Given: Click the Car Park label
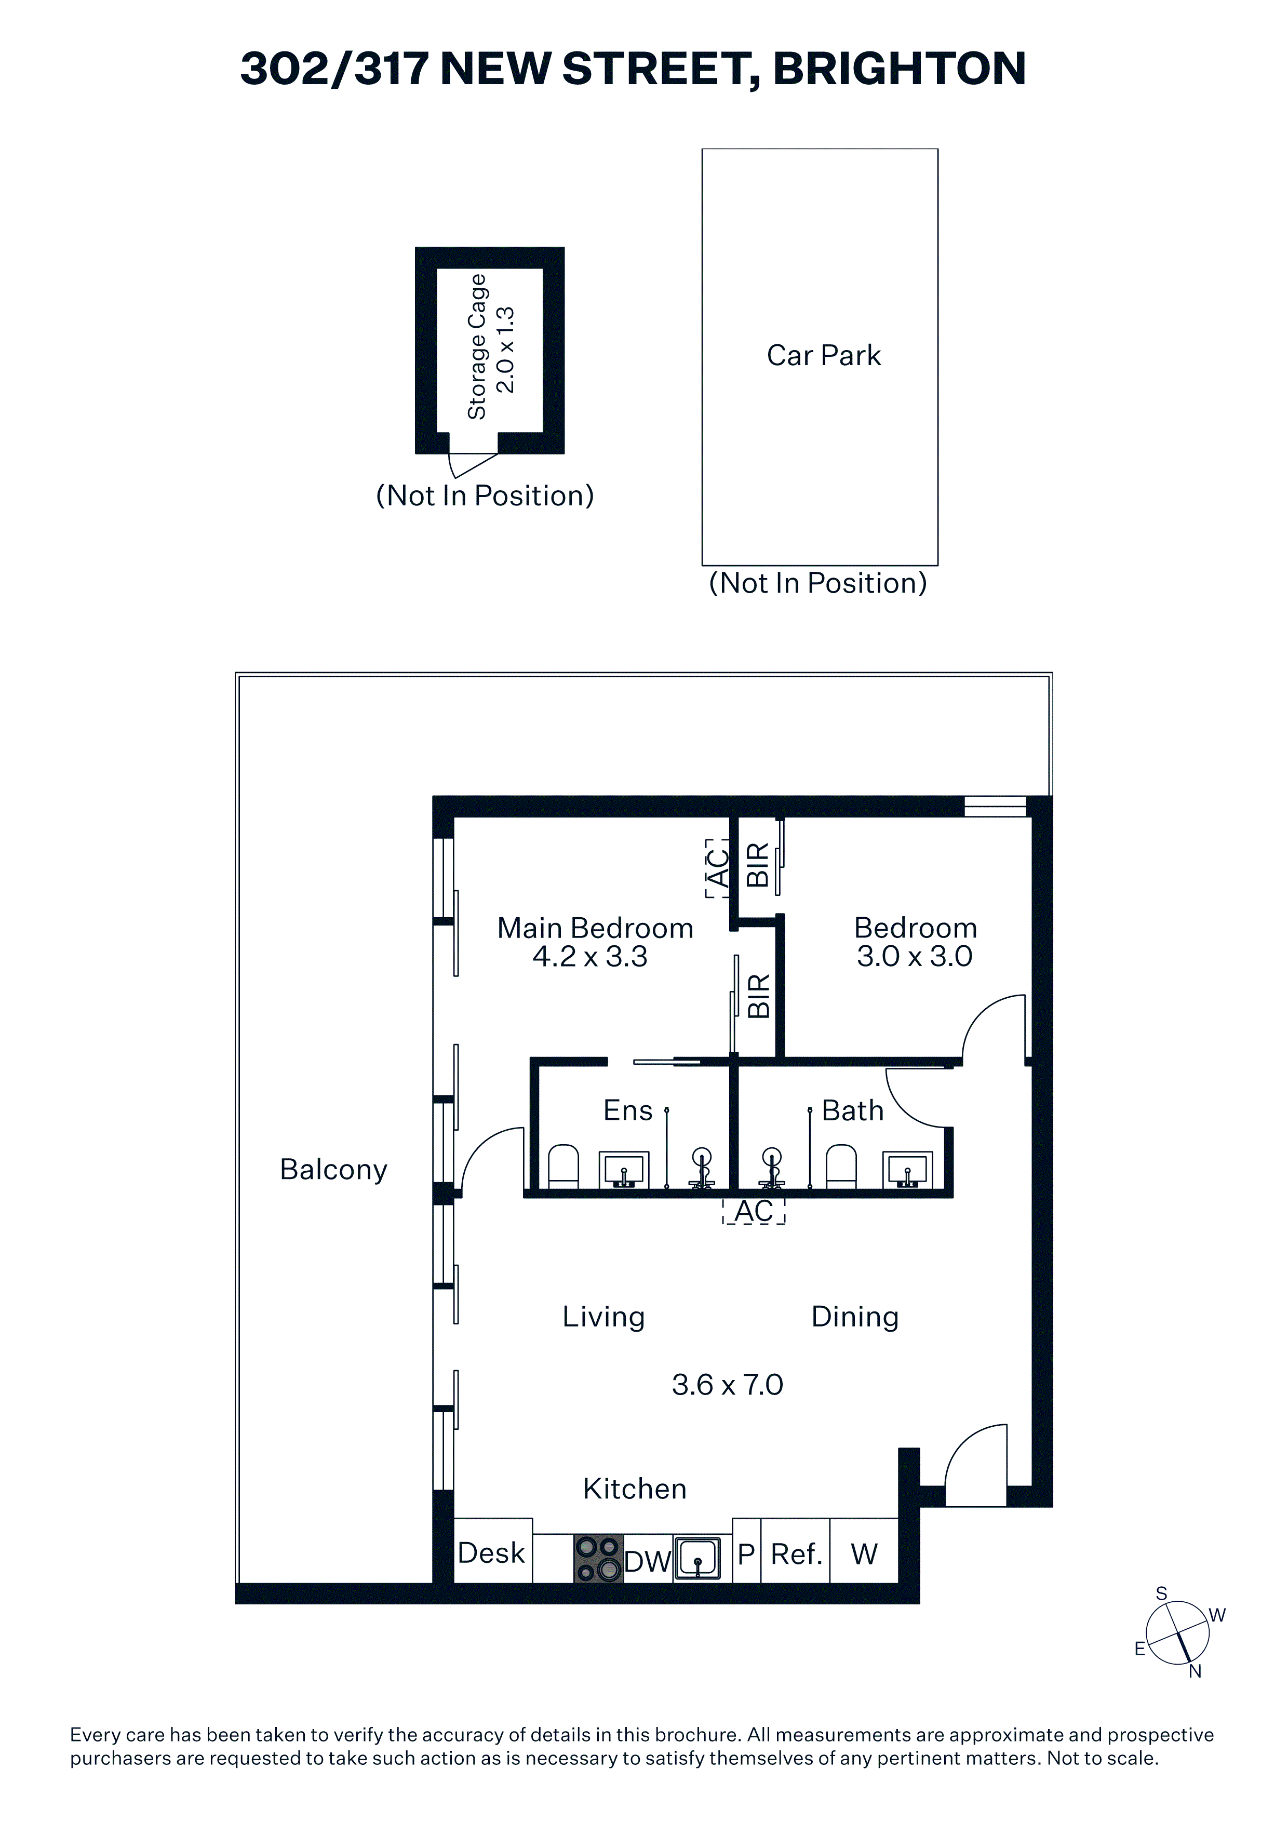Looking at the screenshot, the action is click(x=823, y=355).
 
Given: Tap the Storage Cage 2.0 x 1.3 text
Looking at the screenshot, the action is click(x=490, y=347).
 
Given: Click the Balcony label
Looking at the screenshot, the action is click(x=333, y=1170).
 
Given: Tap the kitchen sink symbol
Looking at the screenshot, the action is click(x=697, y=1559).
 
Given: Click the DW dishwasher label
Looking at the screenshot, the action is click(x=648, y=1562).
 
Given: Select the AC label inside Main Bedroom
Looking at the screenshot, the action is click(x=717, y=868).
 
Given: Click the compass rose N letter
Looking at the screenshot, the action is click(x=1195, y=1671).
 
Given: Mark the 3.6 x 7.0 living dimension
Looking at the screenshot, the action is click(x=727, y=1385).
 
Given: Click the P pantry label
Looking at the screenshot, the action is click(x=746, y=1554).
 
